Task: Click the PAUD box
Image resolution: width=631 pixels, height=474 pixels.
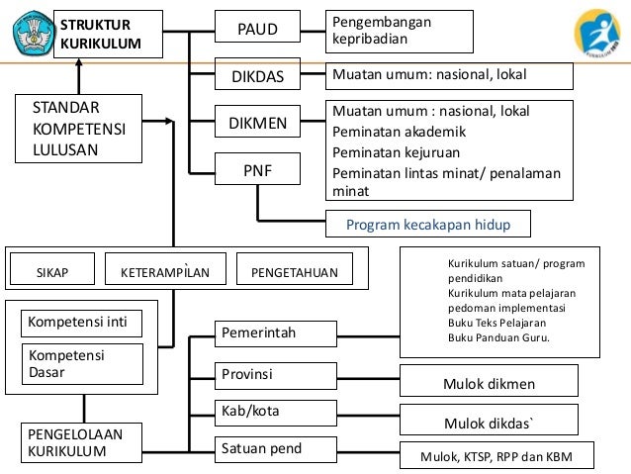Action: coord(257,31)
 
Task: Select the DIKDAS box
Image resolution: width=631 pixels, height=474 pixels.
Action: coord(257,75)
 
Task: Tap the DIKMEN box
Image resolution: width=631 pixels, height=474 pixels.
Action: coord(257,124)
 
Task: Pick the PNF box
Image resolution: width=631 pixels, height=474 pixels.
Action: coord(257,170)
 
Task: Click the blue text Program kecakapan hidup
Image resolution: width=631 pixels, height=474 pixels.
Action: coord(428,225)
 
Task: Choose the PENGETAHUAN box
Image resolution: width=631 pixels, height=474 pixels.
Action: coord(294,271)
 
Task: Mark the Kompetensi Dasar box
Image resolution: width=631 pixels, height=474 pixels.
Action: coord(81,363)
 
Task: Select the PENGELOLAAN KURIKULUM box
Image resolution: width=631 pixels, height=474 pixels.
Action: coord(79,443)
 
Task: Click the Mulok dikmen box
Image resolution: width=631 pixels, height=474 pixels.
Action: coord(489,381)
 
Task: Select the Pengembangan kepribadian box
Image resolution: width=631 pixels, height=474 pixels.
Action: coord(400,31)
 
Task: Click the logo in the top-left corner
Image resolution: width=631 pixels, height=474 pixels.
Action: coord(32,33)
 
